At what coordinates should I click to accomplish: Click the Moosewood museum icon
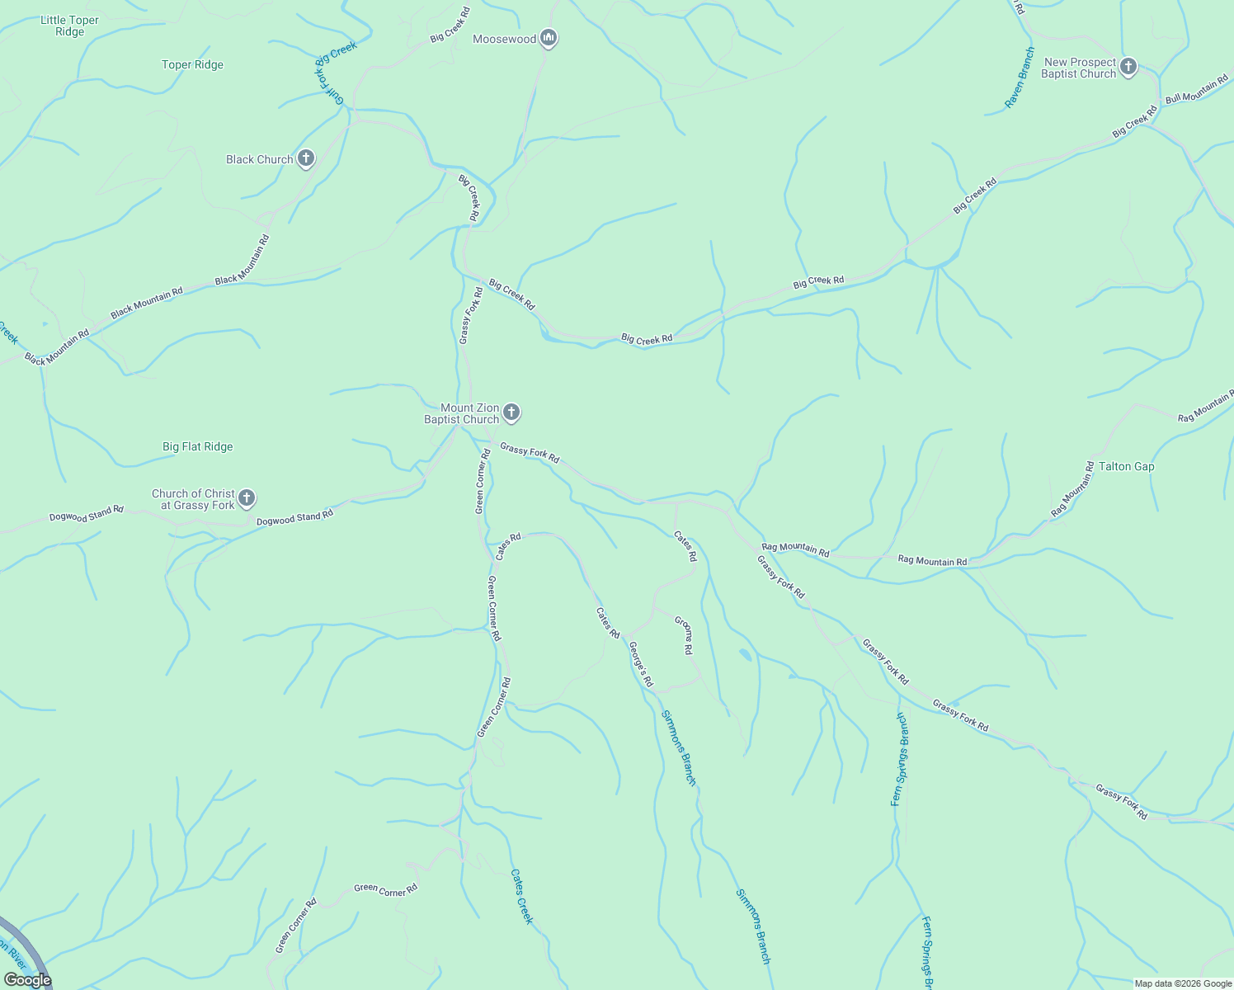click(549, 38)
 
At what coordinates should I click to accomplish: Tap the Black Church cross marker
click(306, 158)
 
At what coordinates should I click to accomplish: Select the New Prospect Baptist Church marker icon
click(1128, 67)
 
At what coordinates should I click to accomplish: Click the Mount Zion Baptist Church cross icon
click(511, 412)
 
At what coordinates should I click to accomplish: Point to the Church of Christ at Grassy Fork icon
click(247, 498)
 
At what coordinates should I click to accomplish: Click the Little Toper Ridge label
click(69, 26)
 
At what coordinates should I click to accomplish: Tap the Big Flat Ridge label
click(197, 446)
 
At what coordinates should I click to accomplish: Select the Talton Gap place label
click(1126, 466)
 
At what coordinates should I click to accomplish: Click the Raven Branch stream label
click(1019, 78)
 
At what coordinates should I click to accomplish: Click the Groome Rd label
click(684, 635)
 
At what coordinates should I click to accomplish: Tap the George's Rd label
click(641, 664)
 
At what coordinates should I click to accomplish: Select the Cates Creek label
click(522, 896)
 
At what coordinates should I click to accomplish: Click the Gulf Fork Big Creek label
click(335, 72)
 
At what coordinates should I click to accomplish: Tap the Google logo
click(27, 979)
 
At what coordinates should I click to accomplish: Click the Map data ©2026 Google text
click(1182, 983)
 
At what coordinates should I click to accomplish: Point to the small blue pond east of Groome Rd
click(745, 655)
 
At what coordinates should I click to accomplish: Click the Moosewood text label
click(504, 39)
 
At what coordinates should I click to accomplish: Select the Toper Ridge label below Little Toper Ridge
click(192, 64)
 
